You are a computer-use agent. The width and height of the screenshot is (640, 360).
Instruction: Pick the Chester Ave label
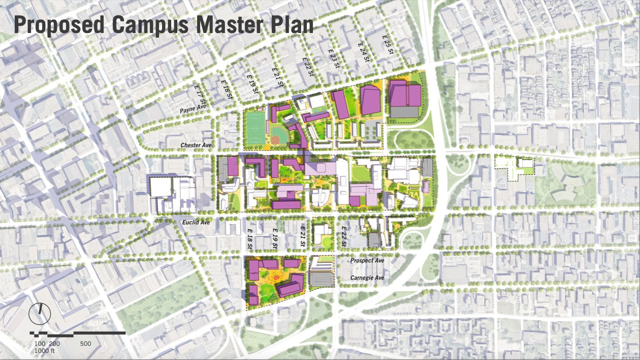(x=196, y=146)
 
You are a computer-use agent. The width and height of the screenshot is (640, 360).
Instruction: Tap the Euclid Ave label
(x=196, y=222)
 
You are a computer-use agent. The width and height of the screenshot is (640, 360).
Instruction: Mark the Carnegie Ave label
(x=367, y=278)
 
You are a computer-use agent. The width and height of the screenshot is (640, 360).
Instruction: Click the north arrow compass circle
(x=39, y=313)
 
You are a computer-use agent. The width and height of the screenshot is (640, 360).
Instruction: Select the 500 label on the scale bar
(x=85, y=344)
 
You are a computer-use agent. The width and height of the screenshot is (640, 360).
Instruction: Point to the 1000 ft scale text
(x=45, y=351)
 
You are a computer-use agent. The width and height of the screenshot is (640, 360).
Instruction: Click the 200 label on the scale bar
(x=54, y=344)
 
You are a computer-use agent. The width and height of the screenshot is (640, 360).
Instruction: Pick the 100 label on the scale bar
(x=40, y=344)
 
